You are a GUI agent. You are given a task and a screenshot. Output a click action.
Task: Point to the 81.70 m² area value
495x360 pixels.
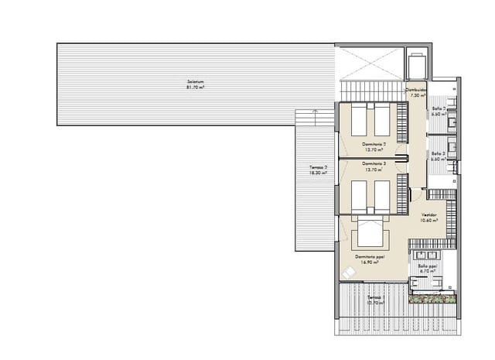tap(195, 87)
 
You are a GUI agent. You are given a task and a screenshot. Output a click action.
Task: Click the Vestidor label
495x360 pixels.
tap(429, 214)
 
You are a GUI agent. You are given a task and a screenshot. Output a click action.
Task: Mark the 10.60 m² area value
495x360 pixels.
tap(429, 221)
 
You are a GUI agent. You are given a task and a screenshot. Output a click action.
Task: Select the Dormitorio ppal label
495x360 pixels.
tap(370, 256)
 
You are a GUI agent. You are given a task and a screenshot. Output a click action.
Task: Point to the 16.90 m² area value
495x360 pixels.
tap(370, 262)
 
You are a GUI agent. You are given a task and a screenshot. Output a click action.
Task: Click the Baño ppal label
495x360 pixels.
tap(428, 265)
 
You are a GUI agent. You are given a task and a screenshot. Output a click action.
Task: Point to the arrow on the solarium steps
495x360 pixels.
tap(315, 111)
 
